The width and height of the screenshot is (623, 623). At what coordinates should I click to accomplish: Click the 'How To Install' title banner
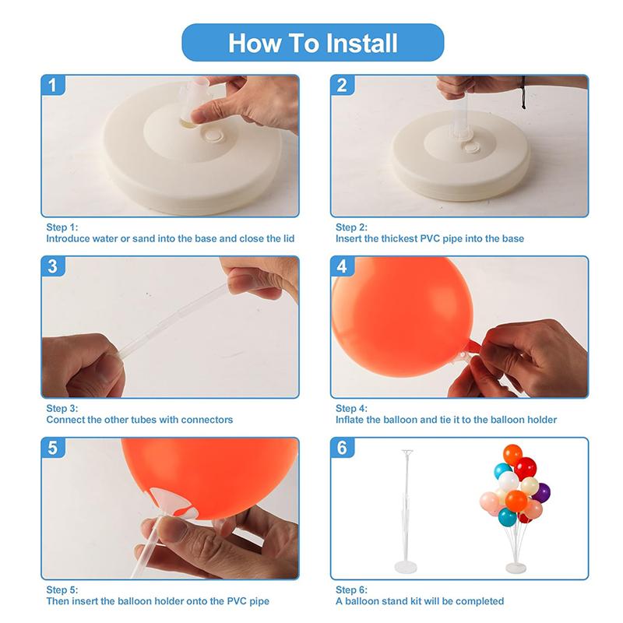[x=313, y=43]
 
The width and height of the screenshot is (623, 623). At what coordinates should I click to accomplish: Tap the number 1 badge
[x=53, y=85]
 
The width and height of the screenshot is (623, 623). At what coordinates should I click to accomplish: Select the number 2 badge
[x=342, y=85]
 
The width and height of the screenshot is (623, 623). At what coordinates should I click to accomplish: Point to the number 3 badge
[x=53, y=266]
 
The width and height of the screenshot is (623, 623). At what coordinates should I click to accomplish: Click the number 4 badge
[x=342, y=266]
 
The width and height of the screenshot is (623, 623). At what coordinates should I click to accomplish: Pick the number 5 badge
[x=53, y=448]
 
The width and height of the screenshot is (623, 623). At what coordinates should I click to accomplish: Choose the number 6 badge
[x=342, y=448]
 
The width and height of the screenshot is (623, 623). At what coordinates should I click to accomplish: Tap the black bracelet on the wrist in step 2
[x=523, y=93]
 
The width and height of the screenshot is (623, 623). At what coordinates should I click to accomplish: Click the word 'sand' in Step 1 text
[x=143, y=238]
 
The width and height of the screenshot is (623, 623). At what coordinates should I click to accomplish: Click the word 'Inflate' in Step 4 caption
[x=349, y=420]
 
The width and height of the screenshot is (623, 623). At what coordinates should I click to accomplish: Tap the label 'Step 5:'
[x=62, y=590]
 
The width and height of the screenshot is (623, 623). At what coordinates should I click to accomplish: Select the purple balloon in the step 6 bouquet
[x=542, y=493]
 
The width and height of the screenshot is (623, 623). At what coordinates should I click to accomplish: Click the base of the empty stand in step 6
[x=406, y=568]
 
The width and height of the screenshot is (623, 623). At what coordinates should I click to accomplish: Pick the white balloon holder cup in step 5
[x=174, y=502]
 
